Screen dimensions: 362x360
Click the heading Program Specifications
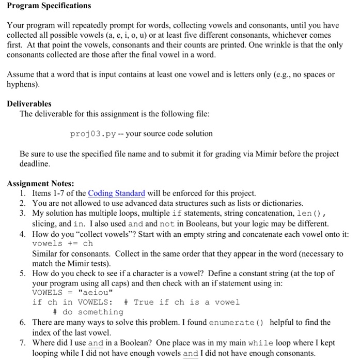tap(49, 6)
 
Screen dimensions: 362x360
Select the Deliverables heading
tap(29, 103)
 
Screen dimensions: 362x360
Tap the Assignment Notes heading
tap(40, 183)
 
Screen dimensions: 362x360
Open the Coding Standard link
tap(117, 193)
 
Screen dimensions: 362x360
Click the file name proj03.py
tap(93, 133)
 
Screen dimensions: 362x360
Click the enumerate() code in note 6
tap(237, 322)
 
